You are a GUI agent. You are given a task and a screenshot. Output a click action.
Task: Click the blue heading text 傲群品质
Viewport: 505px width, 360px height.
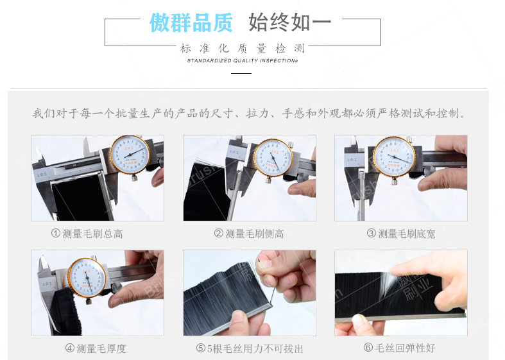[191, 23]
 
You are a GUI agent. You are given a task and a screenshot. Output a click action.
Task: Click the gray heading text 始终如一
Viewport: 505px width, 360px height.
[289, 23]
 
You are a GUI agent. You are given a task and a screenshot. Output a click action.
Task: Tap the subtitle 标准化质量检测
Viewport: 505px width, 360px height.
[243, 48]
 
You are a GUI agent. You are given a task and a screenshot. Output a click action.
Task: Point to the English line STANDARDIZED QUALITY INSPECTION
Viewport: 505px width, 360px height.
[242, 61]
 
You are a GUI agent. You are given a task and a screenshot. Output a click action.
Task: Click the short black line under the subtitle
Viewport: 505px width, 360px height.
[241, 74]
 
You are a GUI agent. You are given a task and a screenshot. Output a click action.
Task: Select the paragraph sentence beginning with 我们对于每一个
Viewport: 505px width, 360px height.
[249, 114]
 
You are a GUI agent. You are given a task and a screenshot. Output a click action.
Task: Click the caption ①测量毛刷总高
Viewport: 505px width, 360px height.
[87, 234]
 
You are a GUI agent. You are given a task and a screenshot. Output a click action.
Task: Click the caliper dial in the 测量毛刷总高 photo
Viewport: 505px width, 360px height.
[130, 155]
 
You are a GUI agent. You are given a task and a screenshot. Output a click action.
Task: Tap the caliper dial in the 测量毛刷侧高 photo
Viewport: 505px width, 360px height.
[273, 158]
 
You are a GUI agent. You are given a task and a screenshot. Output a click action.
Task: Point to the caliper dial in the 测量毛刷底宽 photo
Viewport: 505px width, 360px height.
[394, 157]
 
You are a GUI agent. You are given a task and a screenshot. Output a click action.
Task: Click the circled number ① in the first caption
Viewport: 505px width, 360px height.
[56, 234]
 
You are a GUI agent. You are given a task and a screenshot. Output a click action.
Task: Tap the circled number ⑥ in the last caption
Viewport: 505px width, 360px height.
[368, 348]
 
